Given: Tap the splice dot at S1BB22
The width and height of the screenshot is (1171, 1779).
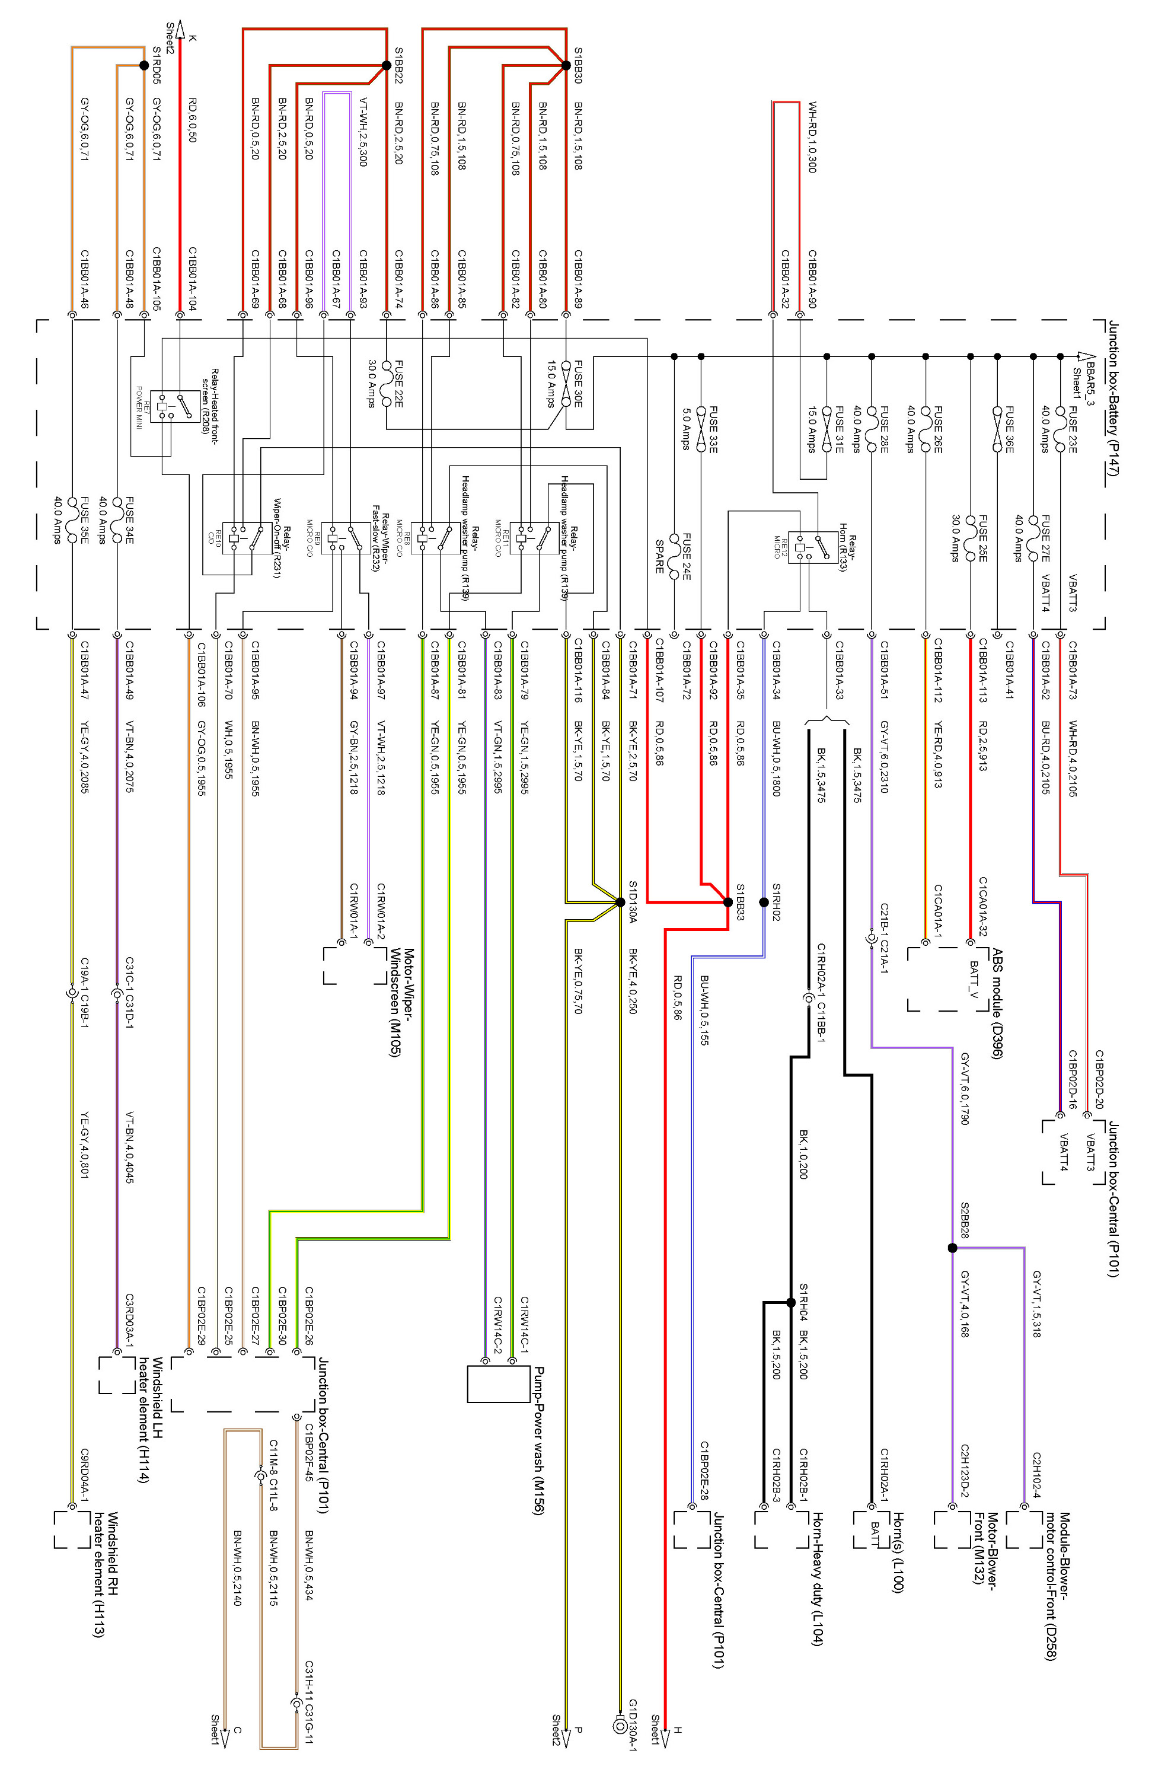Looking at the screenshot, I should click(387, 66).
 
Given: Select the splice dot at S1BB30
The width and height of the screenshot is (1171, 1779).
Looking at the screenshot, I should click(566, 66).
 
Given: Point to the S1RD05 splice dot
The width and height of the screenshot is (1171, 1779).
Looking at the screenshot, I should click(144, 66).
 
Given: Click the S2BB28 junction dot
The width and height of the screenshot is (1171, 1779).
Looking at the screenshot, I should click(952, 1248).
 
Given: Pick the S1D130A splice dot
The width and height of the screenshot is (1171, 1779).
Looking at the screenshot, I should click(620, 902).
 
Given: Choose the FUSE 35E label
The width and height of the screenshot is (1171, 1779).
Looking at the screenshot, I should click(84, 520).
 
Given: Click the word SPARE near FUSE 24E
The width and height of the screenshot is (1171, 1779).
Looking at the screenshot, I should click(659, 556).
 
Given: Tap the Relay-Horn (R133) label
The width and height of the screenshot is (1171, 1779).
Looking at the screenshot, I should click(847, 546).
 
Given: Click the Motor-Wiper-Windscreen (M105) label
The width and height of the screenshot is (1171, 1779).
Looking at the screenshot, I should click(402, 1002).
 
